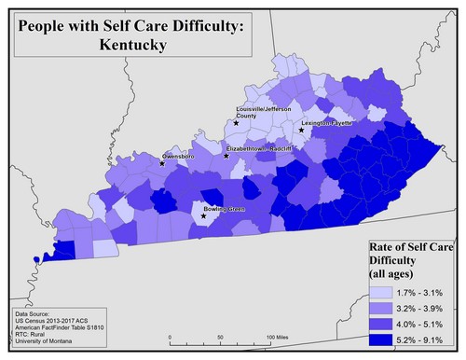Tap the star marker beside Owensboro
[162, 163]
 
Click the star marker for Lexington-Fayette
[301, 131]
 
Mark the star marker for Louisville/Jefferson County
[237, 123]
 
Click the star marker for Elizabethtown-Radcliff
[226, 156]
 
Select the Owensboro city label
[179, 156]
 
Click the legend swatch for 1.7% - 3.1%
[374, 293]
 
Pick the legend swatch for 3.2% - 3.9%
[374, 309]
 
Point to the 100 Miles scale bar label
[281, 336]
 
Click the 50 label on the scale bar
[220, 336]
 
